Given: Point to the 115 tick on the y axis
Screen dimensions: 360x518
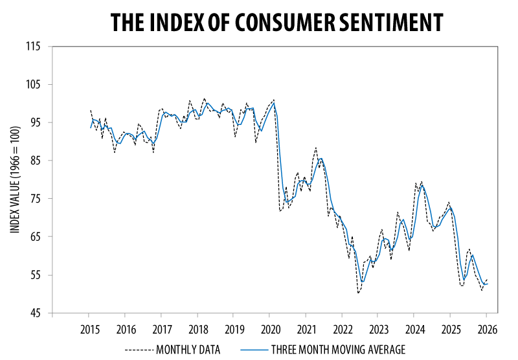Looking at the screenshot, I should click(33, 47).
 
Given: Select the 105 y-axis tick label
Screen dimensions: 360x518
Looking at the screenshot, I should click(33, 85).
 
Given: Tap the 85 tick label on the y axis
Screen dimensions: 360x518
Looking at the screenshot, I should click(35, 161).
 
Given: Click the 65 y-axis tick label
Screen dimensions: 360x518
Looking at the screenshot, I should click(35, 237).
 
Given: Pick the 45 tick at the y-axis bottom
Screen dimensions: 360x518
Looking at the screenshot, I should click(35, 313).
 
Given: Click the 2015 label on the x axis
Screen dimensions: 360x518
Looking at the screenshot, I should click(89, 328).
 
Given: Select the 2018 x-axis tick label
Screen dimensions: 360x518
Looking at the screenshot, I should click(198, 328).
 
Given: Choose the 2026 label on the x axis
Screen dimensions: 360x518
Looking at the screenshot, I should click(487, 328).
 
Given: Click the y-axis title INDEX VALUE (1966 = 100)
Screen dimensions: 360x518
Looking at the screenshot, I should click(14, 179).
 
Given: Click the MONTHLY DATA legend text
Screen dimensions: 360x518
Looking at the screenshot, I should click(188, 350).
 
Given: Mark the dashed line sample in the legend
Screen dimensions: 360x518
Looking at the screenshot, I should click(139, 350).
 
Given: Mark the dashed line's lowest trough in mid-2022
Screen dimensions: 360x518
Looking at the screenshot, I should click(358, 293).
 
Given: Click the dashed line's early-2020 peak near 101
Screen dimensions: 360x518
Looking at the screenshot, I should click(274, 100).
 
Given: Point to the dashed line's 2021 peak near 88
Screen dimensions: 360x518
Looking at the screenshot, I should click(315, 148).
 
